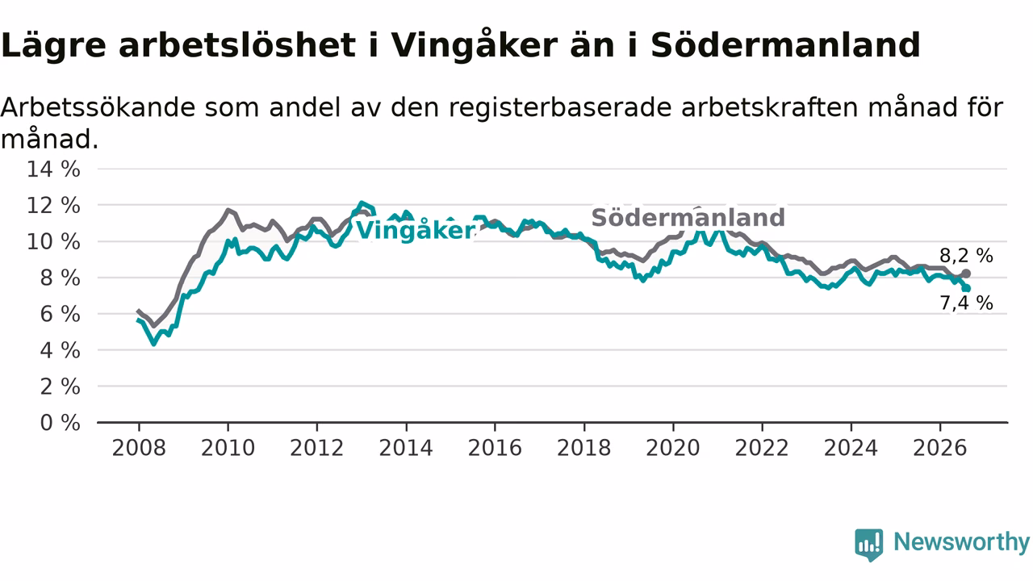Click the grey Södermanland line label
pyautogui.click(x=688, y=217)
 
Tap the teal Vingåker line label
pyautogui.click(x=415, y=230)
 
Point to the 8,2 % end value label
pyautogui.click(x=966, y=256)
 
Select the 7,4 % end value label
pyautogui.click(x=966, y=303)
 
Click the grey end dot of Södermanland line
pyautogui.click(x=966, y=274)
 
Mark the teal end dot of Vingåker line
pyautogui.click(x=966, y=288)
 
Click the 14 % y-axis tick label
pyautogui.click(x=53, y=169)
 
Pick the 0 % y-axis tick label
pyautogui.click(x=61, y=423)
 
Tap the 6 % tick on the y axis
pyautogui.click(x=61, y=315)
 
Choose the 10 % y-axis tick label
pyautogui.click(x=53, y=241)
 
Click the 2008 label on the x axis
pyautogui.click(x=139, y=448)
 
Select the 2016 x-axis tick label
pyautogui.click(x=495, y=448)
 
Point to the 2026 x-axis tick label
pyautogui.click(x=940, y=448)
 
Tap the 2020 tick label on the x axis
pyautogui.click(x=673, y=448)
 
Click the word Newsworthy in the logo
pyautogui.click(x=961, y=541)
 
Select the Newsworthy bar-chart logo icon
pyautogui.click(x=869, y=544)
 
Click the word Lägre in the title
pyautogui.click(x=53, y=46)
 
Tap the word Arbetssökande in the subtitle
pyautogui.click(x=98, y=107)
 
